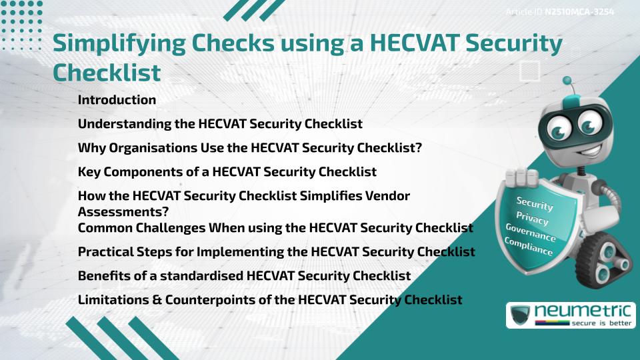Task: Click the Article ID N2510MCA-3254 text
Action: [559, 12]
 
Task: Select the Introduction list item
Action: [117, 100]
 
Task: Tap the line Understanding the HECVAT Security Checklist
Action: [220, 124]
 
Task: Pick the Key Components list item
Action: [227, 172]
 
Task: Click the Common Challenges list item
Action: [275, 228]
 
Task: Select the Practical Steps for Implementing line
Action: [276, 252]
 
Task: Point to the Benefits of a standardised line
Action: [244, 275]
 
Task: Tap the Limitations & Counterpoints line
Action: [269, 299]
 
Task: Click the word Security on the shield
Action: [534, 203]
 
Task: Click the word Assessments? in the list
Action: [123, 212]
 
